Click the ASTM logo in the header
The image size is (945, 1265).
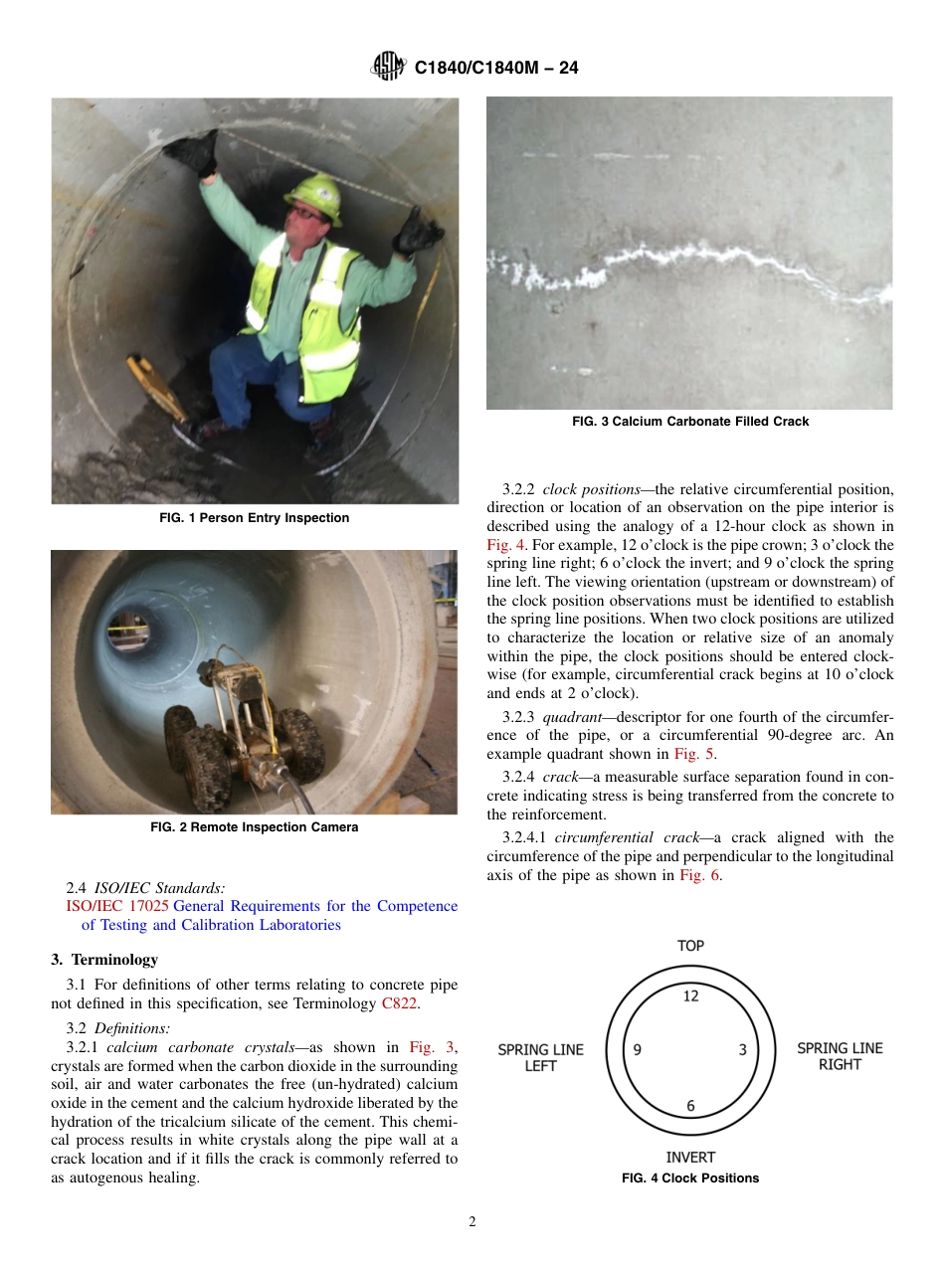(x=388, y=67)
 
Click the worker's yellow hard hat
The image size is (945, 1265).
(x=312, y=196)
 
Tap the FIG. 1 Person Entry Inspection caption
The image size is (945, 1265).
(x=255, y=518)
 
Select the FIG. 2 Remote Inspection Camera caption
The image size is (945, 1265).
(x=255, y=827)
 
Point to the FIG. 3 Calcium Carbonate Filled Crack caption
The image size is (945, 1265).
(x=689, y=422)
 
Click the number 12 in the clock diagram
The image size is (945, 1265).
(x=690, y=995)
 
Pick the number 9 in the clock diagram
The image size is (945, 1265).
(x=637, y=1049)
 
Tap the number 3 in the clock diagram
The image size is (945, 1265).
(x=742, y=1049)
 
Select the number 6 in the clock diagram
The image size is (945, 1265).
(x=690, y=1105)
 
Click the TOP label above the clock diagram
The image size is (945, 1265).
(x=690, y=946)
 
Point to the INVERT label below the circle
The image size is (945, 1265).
(x=690, y=1158)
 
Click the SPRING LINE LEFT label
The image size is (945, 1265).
(x=540, y=1057)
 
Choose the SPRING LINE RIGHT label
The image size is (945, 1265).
(x=840, y=1056)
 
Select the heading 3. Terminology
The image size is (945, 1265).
(x=104, y=960)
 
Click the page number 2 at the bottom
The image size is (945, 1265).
(x=472, y=1222)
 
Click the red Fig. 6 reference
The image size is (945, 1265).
(x=700, y=875)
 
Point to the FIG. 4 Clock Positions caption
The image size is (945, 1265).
(x=690, y=1178)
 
